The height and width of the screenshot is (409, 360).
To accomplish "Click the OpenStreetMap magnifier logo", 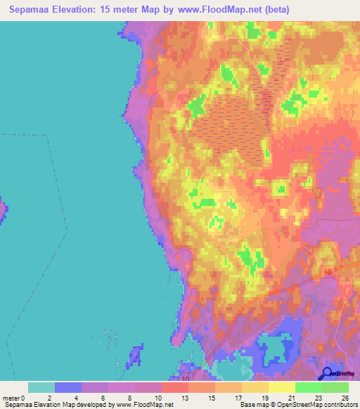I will click(x=327, y=373).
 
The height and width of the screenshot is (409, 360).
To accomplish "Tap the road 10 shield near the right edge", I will click(x=328, y=271).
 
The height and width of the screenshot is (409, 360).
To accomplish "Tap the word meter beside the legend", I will click(x=11, y=398).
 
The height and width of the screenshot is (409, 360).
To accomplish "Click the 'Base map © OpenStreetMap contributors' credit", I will click(x=298, y=405).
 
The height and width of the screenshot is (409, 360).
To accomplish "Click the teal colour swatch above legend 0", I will click(x=41, y=387).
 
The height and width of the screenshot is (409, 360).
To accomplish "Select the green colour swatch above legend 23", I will click(x=307, y=387).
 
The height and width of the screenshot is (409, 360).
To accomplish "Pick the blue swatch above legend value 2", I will click(x=67, y=387).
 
